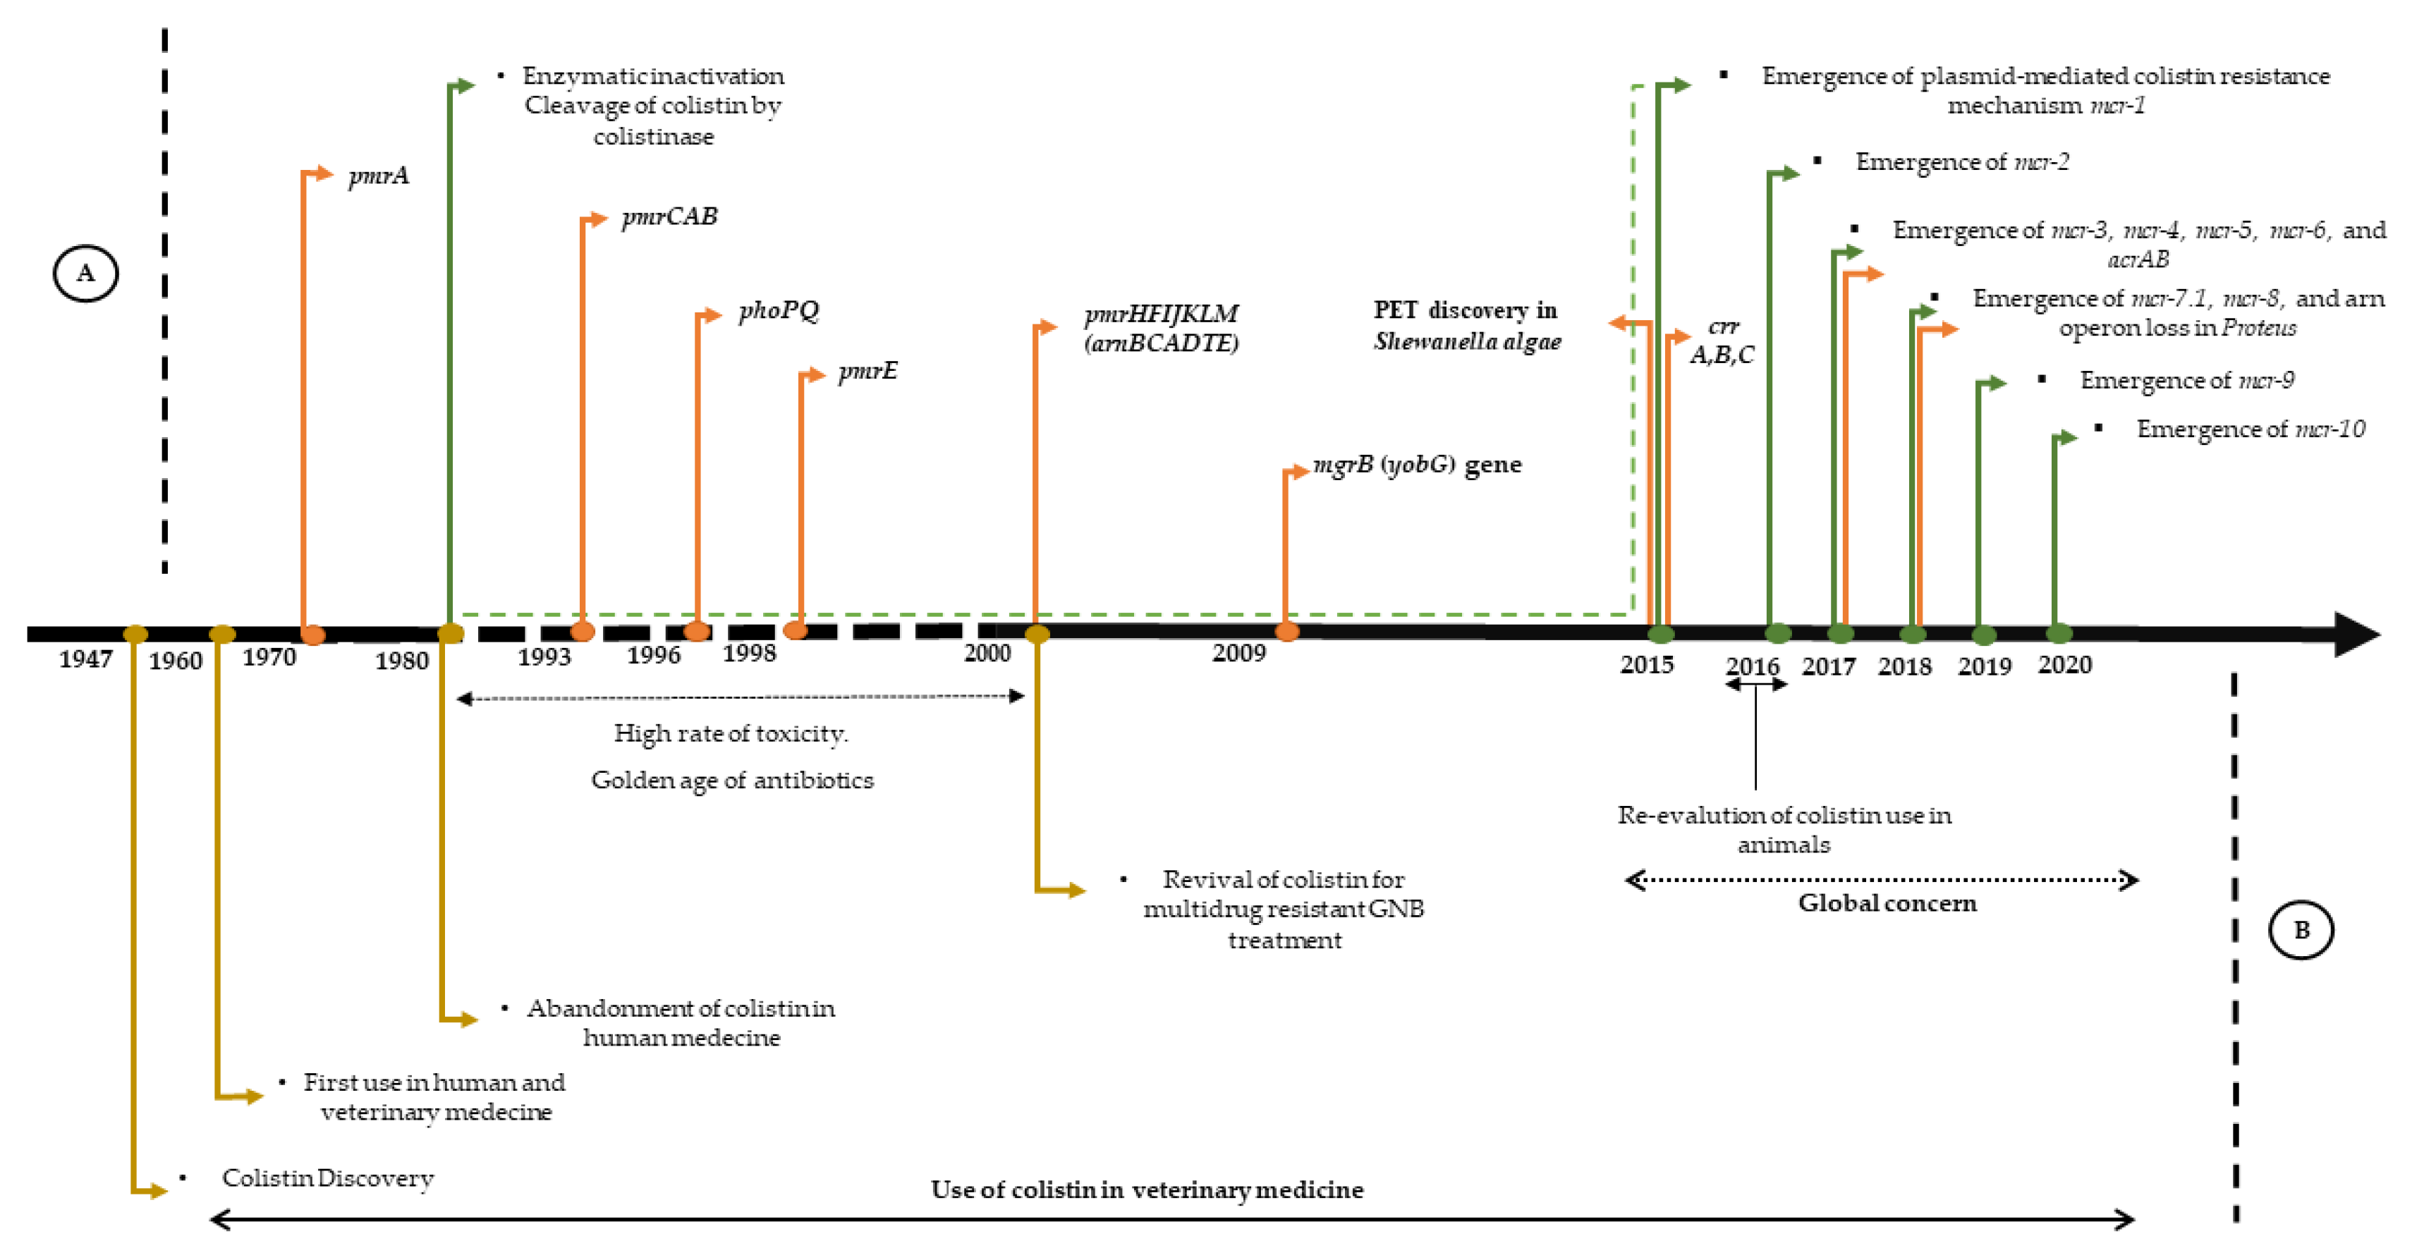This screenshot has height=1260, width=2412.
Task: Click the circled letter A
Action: coord(85,274)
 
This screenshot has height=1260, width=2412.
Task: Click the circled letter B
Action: coord(2301,929)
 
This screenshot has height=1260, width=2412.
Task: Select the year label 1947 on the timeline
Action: coord(85,659)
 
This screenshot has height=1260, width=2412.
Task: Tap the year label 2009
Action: coord(1238,654)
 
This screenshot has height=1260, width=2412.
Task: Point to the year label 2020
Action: coord(2064,665)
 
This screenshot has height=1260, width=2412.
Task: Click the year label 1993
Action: coord(544,656)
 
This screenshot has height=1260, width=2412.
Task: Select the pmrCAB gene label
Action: coord(669,216)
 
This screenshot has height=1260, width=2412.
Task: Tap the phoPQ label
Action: coord(778,310)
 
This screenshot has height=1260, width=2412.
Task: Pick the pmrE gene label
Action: coord(867,372)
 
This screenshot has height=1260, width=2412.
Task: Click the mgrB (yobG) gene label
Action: coord(1417,465)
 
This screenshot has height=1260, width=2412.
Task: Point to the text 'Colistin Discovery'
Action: coord(328,1178)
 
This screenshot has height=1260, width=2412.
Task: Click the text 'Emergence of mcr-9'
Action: coord(2186,380)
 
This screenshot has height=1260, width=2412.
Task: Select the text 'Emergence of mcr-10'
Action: coord(2250,429)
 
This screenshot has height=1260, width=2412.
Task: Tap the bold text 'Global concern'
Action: coord(1887,903)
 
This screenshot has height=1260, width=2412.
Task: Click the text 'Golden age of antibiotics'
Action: coord(731,780)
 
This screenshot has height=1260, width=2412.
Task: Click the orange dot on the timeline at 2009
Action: coord(1288,632)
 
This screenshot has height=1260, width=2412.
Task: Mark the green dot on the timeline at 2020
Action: coord(2059,634)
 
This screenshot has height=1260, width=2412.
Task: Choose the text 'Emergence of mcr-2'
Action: coord(1961,162)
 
